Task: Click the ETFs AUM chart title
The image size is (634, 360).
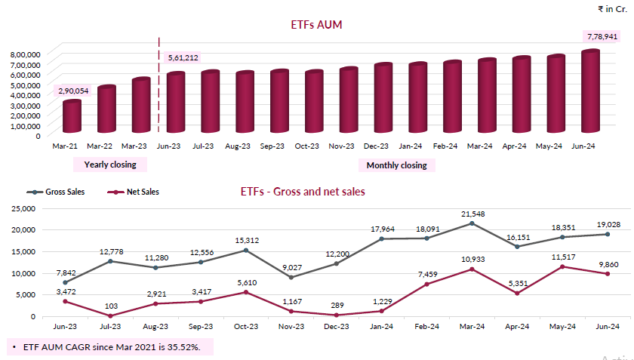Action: (x=317, y=25)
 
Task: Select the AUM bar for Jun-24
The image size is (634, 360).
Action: (x=589, y=91)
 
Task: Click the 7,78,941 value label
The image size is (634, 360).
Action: (x=602, y=36)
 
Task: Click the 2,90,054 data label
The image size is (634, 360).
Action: (x=72, y=91)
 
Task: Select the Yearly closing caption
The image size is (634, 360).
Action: (x=110, y=165)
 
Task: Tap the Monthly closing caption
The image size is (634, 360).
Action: (x=396, y=165)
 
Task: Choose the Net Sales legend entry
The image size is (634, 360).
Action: (x=134, y=192)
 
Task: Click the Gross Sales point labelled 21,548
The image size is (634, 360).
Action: (x=472, y=223)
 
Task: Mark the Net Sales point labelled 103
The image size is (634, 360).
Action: (x=110, y=315)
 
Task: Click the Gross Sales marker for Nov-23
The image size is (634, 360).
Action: (x=291, y=277)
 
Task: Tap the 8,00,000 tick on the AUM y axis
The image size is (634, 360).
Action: (x=25, y=55)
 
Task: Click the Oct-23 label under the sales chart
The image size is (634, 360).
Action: (x=247, y=327)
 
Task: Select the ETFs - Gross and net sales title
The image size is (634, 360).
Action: (x=297, y=192)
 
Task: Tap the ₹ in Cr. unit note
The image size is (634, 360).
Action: (x=611, y=9)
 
